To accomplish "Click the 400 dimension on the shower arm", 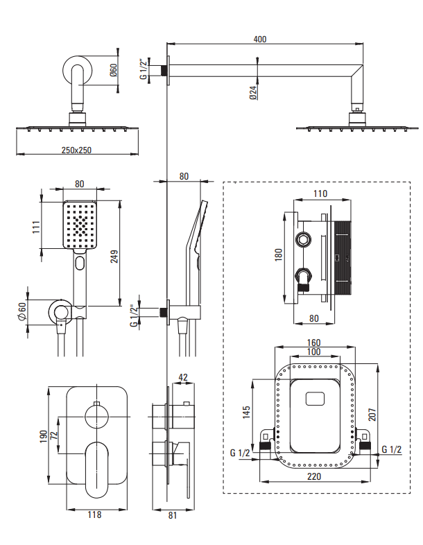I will pos(260,40).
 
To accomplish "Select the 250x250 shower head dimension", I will pos(77,150).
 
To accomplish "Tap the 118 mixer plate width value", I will pos(95,514).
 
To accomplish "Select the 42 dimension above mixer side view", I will pos(183,377).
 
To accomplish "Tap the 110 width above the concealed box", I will pos(319,193).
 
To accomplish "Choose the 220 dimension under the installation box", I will pos(316,476).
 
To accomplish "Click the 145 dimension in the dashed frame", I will pos(246,414).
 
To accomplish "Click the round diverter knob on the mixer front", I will pos(96,417).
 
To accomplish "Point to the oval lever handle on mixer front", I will pos(97,469).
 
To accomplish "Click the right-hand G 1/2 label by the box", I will pos(392,451).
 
